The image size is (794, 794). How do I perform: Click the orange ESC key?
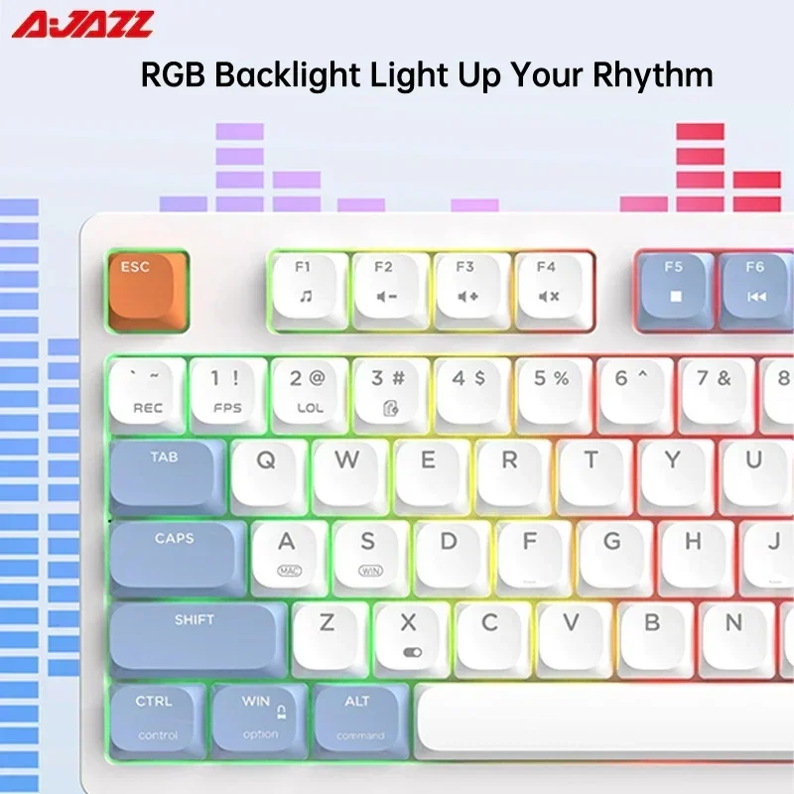tap(146, 289)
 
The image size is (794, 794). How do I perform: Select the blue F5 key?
tap(674, 288)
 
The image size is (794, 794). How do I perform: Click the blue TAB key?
tap(166, 473)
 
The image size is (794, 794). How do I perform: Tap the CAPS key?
tap(176, 555)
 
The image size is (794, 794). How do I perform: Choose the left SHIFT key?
tap(196, 635)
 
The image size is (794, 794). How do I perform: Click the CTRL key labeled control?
tap(157, 717)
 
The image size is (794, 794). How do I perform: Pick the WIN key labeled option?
tap(259, 717)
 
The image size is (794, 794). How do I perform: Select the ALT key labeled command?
tap(358, 717)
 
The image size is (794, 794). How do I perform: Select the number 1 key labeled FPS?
tap(227, 391)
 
